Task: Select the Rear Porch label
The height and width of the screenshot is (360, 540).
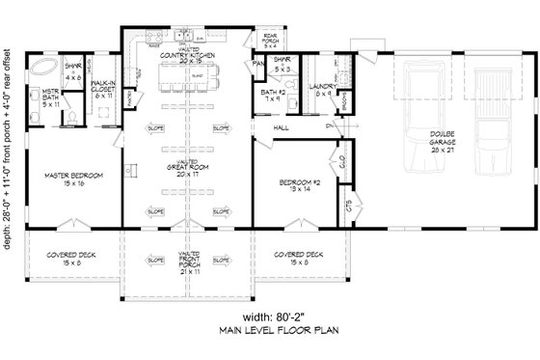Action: coord(271,39)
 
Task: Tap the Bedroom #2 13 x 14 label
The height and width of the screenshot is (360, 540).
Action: coord(288,184)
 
